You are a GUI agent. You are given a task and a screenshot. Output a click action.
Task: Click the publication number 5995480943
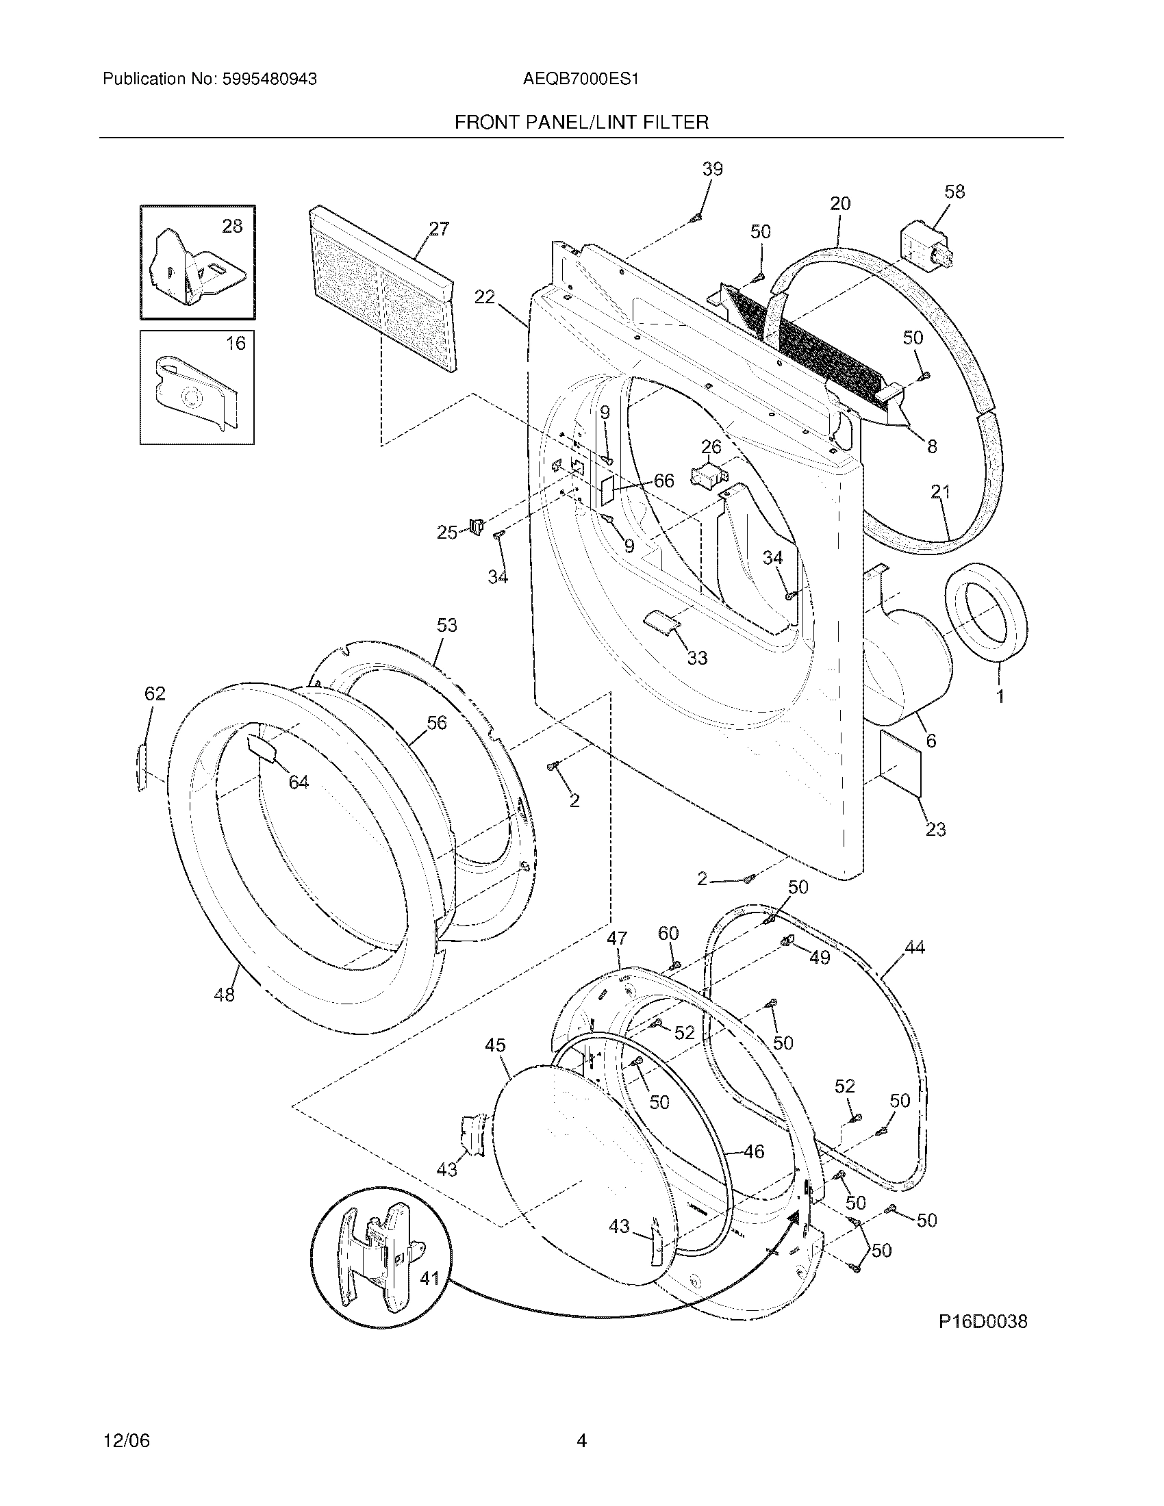click(270, 79)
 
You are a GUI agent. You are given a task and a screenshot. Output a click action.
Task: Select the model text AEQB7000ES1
click(581, 79)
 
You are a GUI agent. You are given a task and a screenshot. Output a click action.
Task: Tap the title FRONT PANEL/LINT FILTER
click(581, 123)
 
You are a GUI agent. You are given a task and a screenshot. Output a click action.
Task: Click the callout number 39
click(712, 169)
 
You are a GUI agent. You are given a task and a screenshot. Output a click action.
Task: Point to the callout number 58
click(954, 192)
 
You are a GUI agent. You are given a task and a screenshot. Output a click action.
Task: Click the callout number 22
click(485, 296)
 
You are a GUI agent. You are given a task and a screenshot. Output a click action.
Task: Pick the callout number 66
click(663, 481)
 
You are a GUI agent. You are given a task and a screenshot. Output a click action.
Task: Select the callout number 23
click(935, 829)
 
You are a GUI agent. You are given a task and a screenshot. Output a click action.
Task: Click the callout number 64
click(299, 782)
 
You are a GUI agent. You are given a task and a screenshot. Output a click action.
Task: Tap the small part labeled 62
click(142, 767)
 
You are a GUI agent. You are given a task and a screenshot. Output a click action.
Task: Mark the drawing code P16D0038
click(982, 1321)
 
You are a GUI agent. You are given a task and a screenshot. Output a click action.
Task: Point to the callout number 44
click(914, 947)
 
